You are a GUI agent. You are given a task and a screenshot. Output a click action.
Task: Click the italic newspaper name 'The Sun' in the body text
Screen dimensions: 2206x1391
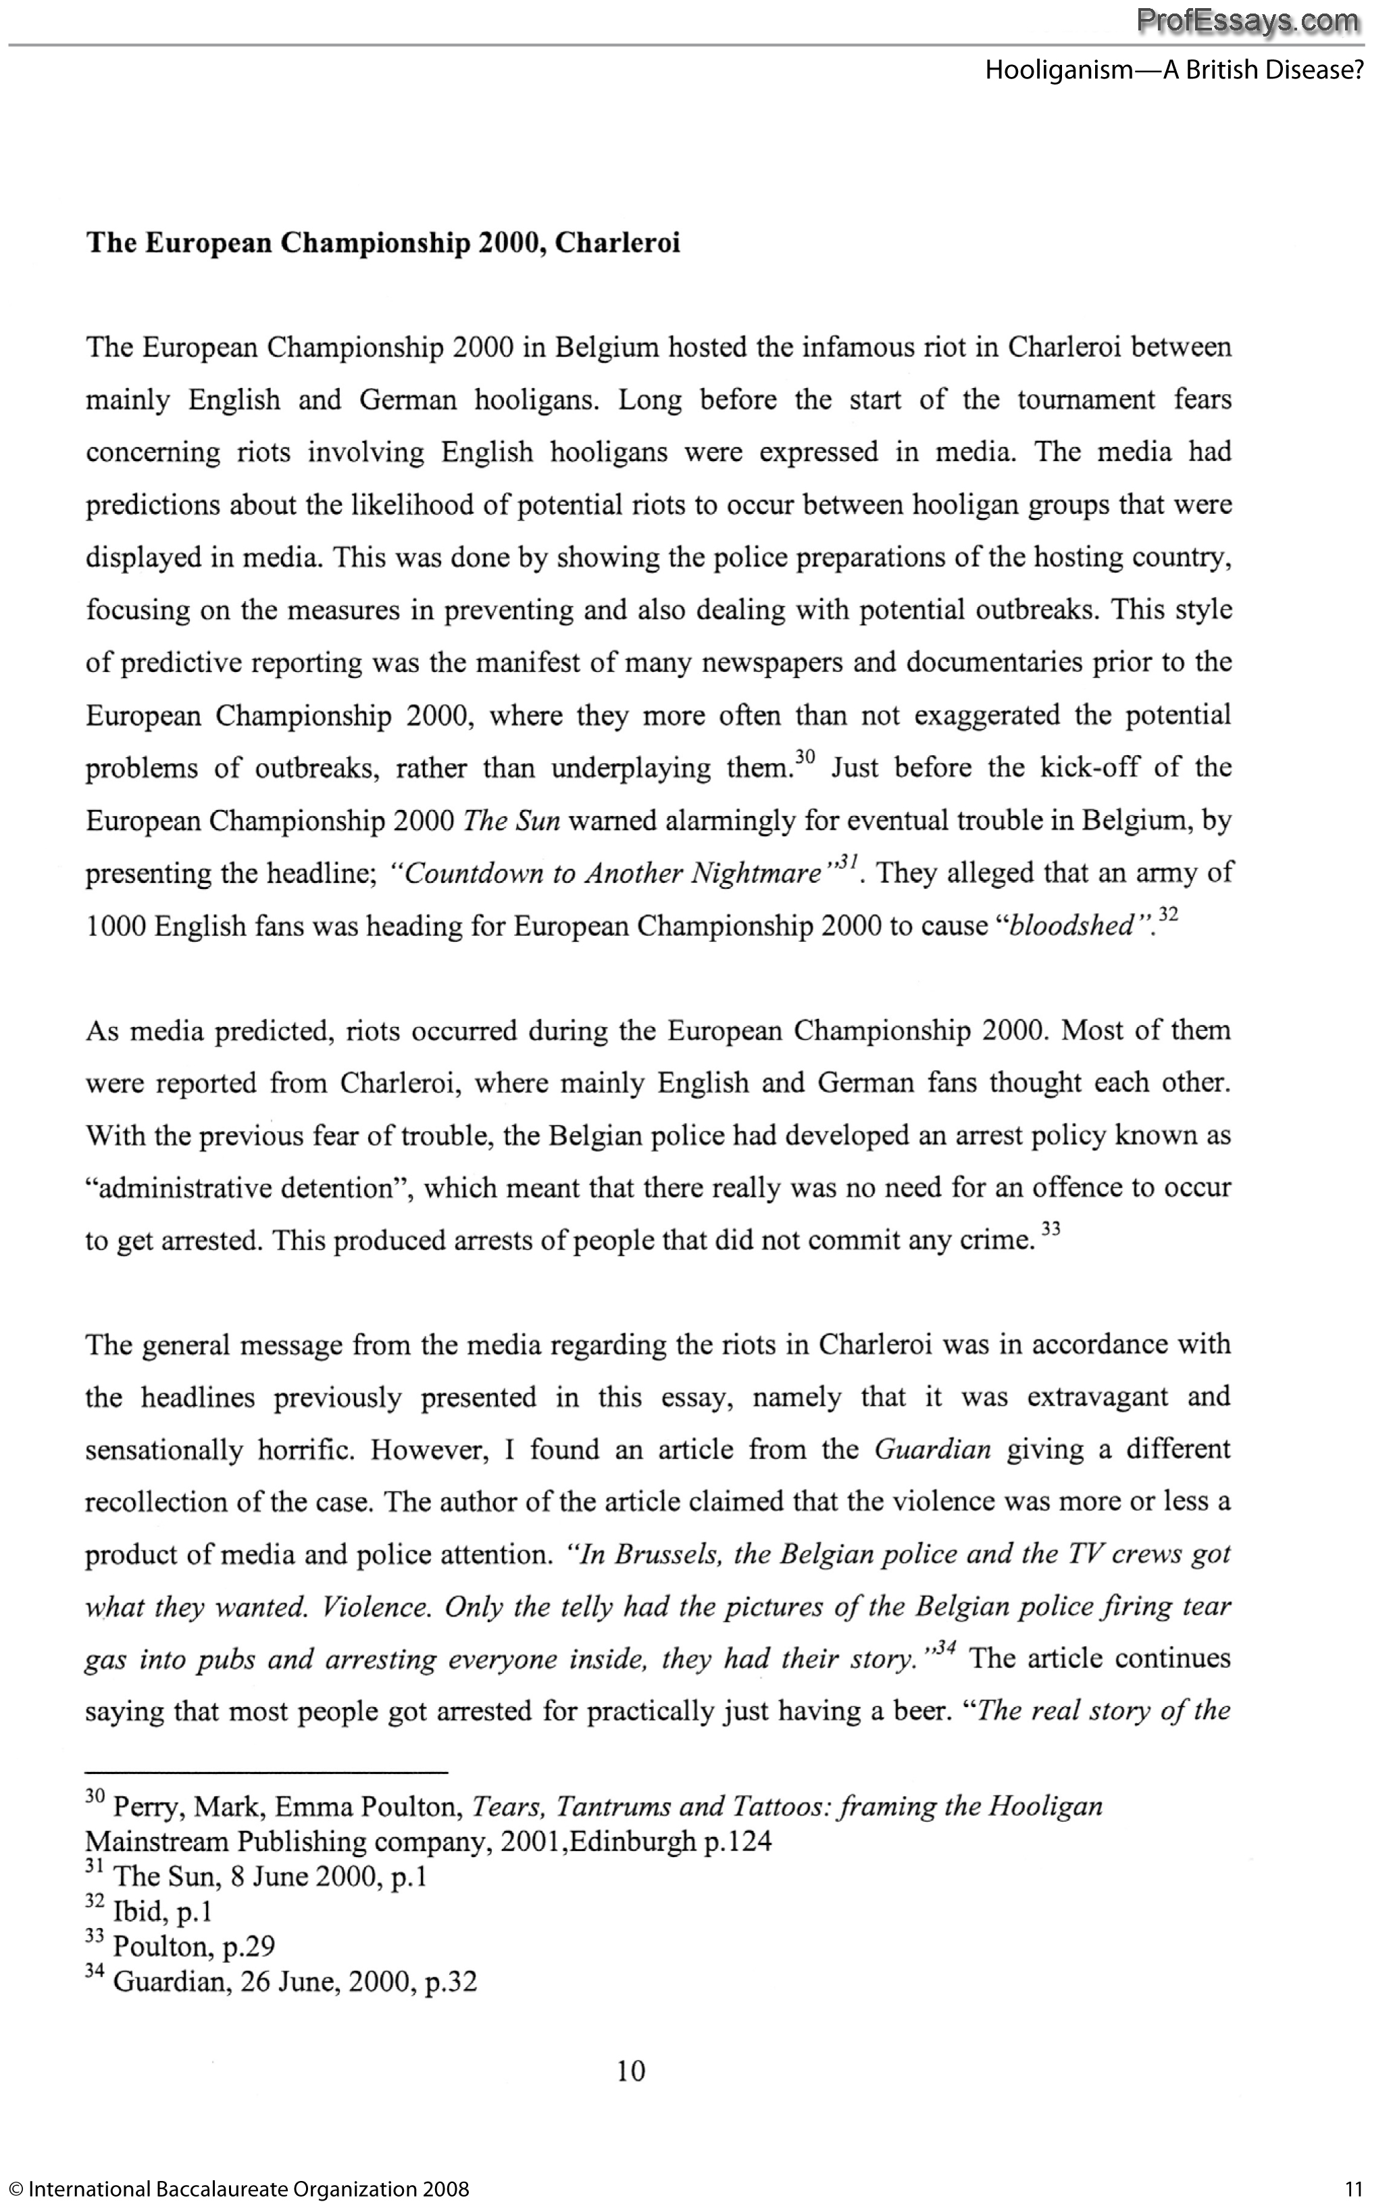point(512,821)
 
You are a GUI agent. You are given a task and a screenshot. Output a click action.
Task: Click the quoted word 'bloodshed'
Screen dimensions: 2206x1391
point(1071,926)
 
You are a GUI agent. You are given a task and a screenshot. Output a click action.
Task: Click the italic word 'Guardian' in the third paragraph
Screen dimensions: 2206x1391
point(933,1450)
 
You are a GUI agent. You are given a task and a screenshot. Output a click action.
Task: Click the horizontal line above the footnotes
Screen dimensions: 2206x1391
point(266,1773)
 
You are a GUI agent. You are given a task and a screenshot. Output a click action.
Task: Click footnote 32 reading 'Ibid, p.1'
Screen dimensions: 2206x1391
point(149,1912)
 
